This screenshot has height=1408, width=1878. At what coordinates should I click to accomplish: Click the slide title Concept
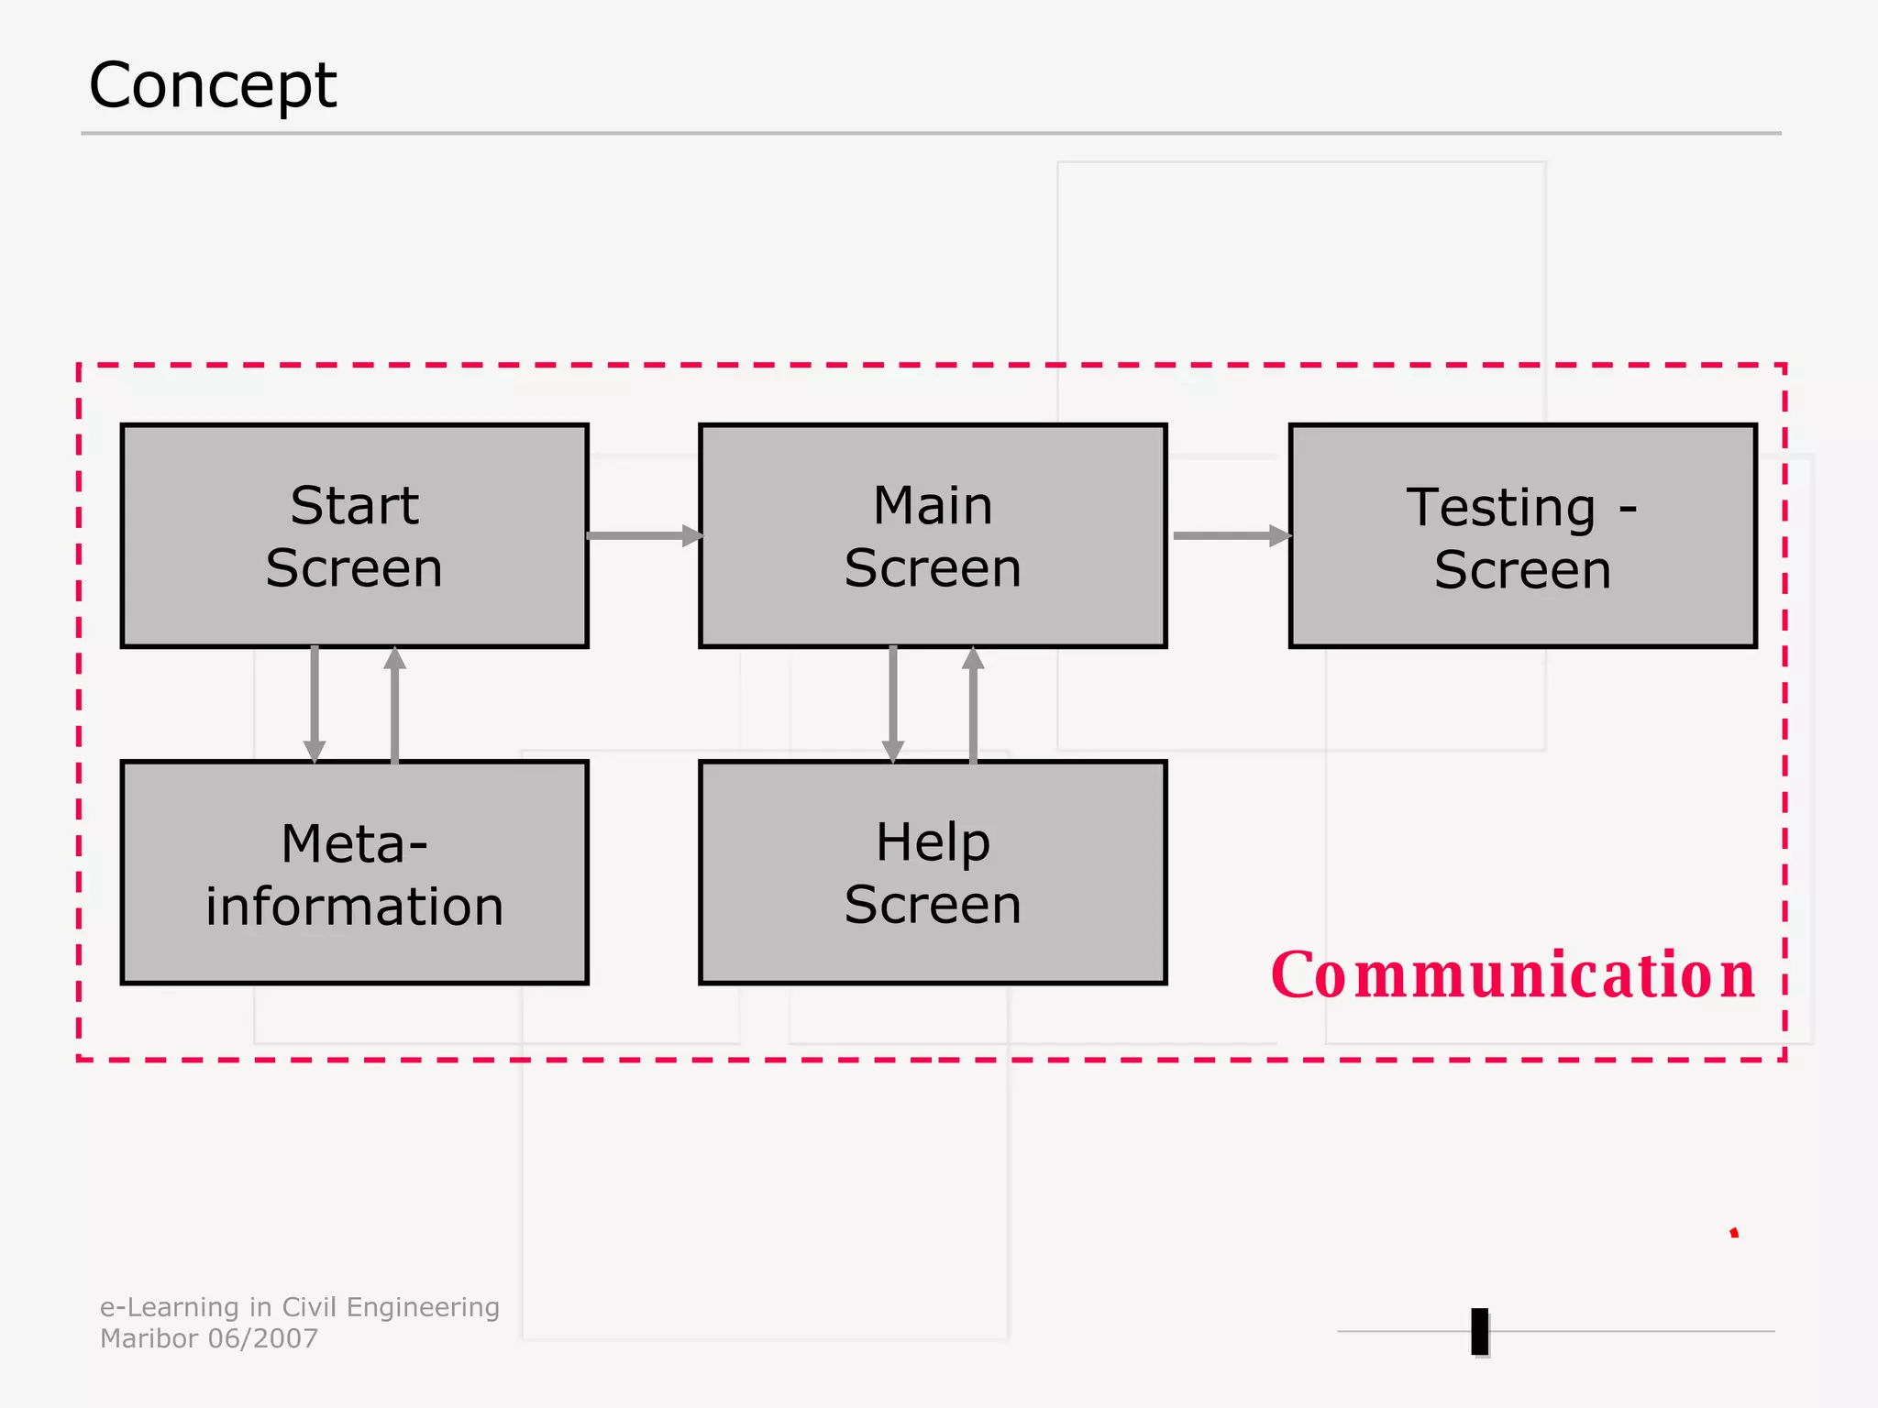pyautogui.click(x=213, y=85)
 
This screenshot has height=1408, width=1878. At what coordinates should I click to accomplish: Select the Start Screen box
pyautogui.click(x=354, y=536)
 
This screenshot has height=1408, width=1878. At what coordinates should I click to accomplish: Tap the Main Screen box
pyautogui.click(x=933, y=536)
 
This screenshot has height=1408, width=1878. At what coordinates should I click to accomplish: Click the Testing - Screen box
pyautogui.click(x=1522, y=536)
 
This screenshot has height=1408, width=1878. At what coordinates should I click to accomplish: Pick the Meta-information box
pyautogui.click(x=354, y=873)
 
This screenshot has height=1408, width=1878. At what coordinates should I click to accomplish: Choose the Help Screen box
pyautogui.click(x=933, y=873)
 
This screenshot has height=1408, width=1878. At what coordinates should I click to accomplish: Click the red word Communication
pyautogui.click(x=1513, y=974)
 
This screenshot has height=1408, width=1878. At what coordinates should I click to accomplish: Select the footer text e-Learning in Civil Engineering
pyautogui.click(x=300, y=1307)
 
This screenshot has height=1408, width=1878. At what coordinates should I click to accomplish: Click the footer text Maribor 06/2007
pyautogui.click(x=209, y=1338)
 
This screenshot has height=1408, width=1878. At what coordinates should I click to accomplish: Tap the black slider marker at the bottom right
pyautogui.click(x=1479, y=1331)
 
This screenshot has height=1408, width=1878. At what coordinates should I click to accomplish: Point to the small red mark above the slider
pyautogui.click(x=1734, y=1233)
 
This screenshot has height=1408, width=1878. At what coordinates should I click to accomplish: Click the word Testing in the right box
pyautogui.click(x=1501, y=507)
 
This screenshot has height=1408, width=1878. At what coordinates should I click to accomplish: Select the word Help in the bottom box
pyautogui.click(x=933, y=841)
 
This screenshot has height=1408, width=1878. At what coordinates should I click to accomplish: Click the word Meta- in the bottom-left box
pyautogui.click(x=354, y=843)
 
